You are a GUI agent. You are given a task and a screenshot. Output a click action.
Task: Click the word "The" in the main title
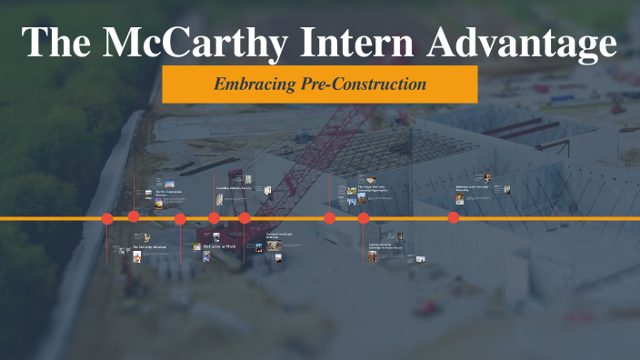57,44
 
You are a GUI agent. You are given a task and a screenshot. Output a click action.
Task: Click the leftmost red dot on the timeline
107,218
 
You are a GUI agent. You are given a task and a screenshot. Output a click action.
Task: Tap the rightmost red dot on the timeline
454,217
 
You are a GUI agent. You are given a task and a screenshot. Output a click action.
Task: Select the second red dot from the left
134,216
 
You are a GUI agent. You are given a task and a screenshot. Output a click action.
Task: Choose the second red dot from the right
364,218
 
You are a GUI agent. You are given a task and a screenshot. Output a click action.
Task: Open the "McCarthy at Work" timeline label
218,246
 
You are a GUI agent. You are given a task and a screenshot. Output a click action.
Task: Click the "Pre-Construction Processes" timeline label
170,193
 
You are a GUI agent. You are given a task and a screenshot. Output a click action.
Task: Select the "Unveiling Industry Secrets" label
234,187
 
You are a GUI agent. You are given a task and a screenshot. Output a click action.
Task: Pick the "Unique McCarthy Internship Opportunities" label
374,189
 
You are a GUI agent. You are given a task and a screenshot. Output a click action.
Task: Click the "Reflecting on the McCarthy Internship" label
475,189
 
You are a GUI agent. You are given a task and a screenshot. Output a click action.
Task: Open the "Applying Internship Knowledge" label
385,245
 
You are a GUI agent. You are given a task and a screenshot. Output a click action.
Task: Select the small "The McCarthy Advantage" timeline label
149,246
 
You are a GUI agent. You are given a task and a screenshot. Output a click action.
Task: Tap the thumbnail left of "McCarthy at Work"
196,246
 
